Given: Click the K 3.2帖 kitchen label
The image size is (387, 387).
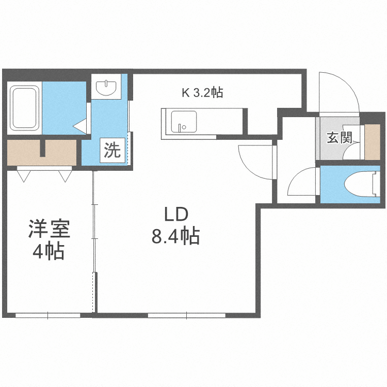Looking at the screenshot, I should coord(202,93).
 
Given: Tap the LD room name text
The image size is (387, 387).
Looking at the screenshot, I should coord(175,214).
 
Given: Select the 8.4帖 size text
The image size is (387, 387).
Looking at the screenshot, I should coord(175,237).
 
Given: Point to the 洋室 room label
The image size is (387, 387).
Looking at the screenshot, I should coord(49,229).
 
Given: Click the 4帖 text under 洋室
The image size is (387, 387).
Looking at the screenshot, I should coord(49,252).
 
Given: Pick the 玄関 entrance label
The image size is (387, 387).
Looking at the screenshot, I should coord(339,138).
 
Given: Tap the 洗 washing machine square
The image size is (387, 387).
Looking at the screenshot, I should coord(112,151).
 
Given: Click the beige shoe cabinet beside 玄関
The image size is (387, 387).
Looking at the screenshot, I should coord(372,142).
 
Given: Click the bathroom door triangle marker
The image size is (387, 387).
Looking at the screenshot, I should coord(80,125).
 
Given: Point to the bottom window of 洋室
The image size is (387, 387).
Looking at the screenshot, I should coord(47,314).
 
